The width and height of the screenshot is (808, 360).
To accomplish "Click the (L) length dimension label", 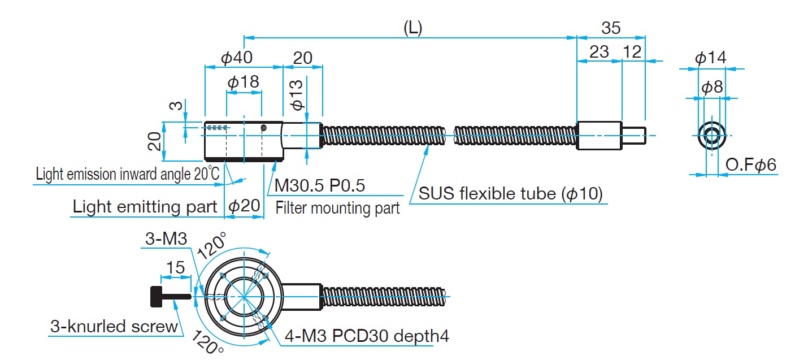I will pos(412,28).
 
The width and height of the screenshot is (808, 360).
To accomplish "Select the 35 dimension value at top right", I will pos(611,28).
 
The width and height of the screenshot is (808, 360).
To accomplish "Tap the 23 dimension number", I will pos(599,51).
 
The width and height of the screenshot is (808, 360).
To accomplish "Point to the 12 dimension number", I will pos(633,51).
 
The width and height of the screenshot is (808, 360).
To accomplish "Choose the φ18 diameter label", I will pos(244,82).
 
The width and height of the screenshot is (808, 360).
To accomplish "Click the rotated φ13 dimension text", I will pos(297,94).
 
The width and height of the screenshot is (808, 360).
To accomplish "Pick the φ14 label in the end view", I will pos(710,58).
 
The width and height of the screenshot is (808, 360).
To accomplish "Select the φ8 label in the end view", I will pos(712,88).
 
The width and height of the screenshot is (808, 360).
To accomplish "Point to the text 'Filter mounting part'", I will pos(338,208).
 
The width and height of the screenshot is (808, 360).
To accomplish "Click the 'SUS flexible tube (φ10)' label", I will pos(511,194).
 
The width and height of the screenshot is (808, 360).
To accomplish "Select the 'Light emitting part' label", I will pos(145,207).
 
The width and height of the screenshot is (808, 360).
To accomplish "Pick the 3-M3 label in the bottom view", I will pos(166,239).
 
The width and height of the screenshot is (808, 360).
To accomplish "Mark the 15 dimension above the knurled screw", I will pos(176,267).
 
